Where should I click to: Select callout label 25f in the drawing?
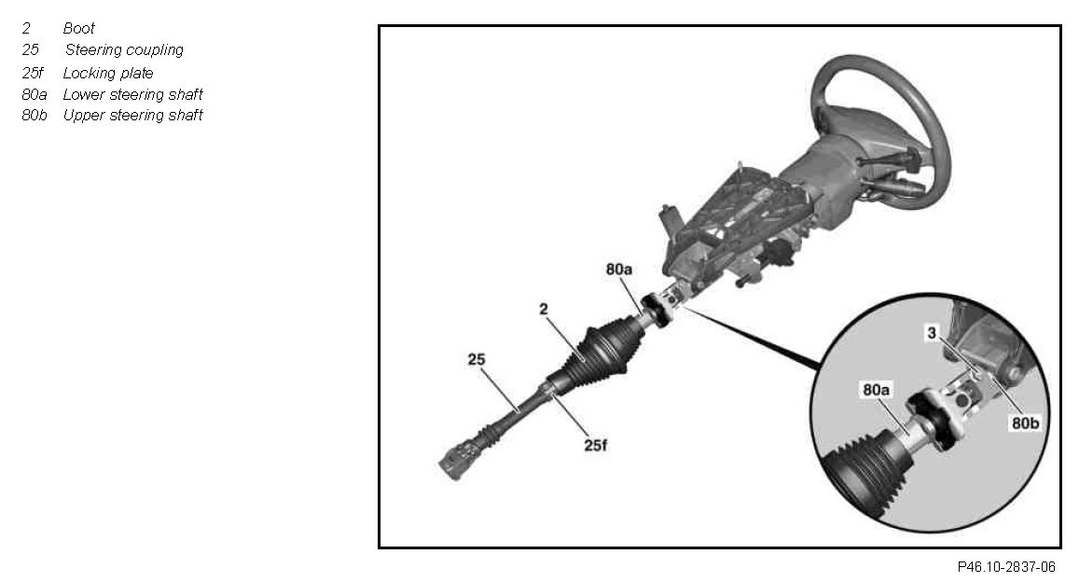594,446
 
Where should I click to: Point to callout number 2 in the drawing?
544,307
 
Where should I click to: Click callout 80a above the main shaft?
619,270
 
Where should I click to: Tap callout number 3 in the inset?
931,332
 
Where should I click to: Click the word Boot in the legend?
79,29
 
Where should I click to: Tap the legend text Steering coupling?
124,50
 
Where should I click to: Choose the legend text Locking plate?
108,73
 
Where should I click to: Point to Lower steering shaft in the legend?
132,94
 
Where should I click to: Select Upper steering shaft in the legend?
132,116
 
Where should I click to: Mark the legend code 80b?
35,116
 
